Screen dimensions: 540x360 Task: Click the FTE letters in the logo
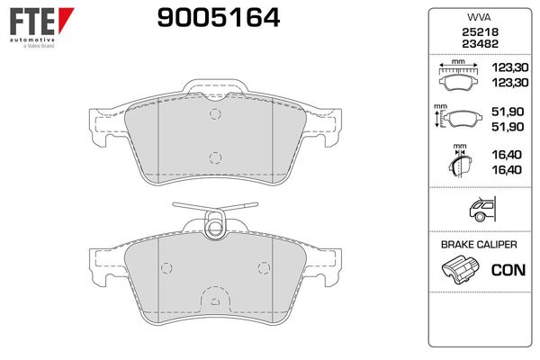pyautogui.click(x=31, y=22)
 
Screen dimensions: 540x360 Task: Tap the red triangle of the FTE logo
pyautogui.click(x=65, y=18)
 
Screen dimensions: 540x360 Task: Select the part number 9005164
pyautogui.click(x=219, y=18)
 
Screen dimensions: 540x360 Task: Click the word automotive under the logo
pyautogui.click(x=32, y=40)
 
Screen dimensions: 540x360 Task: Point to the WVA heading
pyautogui.click(x=479, y=17)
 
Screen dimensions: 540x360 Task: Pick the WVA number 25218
pyautogui.click(x=480, y=32)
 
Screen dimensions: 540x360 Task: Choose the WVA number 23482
pyautogui.click(x=480, y=44)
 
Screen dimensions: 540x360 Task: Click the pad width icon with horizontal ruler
pyautogui.click(x=458, y=76)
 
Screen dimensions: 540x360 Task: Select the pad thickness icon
pyautogui.click(x=460, y=161)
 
